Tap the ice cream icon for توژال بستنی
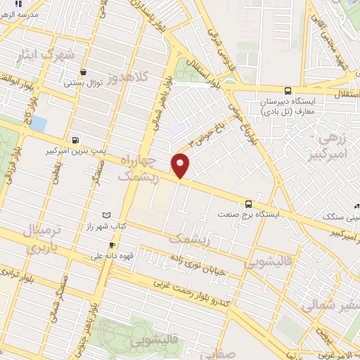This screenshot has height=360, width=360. [x=84, y=72]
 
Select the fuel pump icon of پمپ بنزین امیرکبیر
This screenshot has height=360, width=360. [x=75, y=139]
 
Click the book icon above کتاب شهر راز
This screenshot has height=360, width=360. [x=106, y=214]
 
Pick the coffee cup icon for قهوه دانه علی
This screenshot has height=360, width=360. [x=102, y=245]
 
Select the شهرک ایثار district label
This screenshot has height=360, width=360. [x=49, y=54]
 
